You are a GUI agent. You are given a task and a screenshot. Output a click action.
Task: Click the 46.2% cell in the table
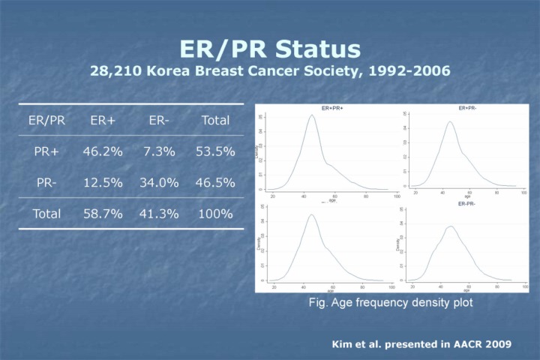[x=102, y=151]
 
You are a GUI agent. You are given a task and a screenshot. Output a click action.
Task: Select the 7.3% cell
[x=159, y=151]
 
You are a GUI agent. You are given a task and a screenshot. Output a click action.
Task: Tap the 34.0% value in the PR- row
[x=159, y=182]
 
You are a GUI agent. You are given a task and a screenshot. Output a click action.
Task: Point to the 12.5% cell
[x=102, y=182]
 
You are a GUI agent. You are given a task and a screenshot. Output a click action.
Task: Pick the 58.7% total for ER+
[x=102, y=214]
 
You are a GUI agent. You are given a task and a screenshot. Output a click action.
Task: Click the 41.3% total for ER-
[x=159, y=214]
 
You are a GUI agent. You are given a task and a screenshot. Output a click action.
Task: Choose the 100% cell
[x=215, y=214]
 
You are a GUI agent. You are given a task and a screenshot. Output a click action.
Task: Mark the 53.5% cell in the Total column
[x=215, y=151]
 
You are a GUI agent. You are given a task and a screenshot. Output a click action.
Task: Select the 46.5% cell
[x=215, y=182]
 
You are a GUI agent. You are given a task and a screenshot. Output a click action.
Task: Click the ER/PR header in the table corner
[x=46, y=119]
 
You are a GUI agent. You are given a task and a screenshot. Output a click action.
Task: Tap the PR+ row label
[x=46, y=151]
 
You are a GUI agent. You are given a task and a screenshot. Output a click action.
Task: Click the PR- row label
[x=46, y=182]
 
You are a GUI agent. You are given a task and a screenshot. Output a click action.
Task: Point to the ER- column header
[x=159, y=119]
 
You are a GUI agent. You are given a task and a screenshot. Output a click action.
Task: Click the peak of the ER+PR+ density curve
[x=312, y=115]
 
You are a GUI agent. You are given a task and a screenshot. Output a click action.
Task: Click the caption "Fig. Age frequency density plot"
[x=391, y=302]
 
